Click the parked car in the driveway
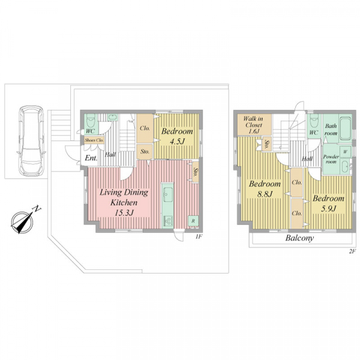31,141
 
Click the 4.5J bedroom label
177,136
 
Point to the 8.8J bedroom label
265,189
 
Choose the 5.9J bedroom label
328,203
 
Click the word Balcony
299,238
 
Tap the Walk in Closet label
253,125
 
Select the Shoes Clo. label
94,140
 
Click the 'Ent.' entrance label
91,158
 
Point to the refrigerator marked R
193,221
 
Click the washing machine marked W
345,152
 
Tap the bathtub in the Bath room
345,128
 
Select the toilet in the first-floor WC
91,122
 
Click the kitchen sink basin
168,194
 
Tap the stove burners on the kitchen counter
168,221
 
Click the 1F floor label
199,236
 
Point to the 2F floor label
352,251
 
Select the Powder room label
331,159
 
